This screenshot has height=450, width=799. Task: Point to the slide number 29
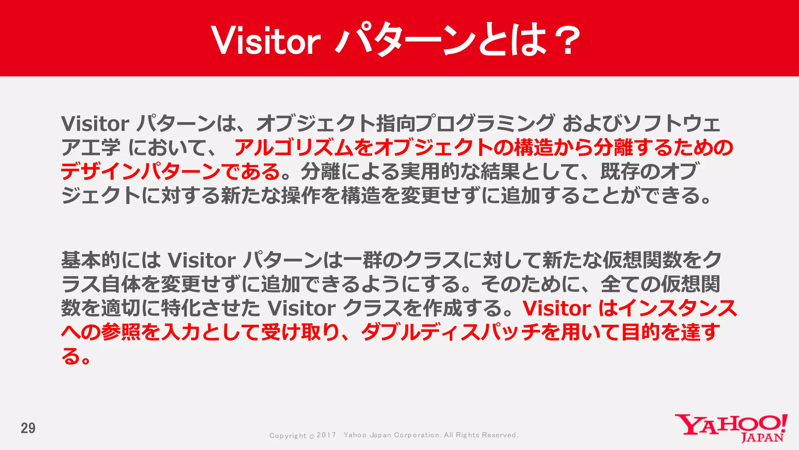tap(28, 428)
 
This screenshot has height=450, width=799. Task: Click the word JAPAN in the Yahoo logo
tap(762, 437)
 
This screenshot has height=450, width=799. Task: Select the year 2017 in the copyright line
tap(326, 435)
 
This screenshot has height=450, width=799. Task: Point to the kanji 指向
tap(395, 123)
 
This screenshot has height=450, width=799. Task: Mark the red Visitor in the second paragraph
tap(557, 308)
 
